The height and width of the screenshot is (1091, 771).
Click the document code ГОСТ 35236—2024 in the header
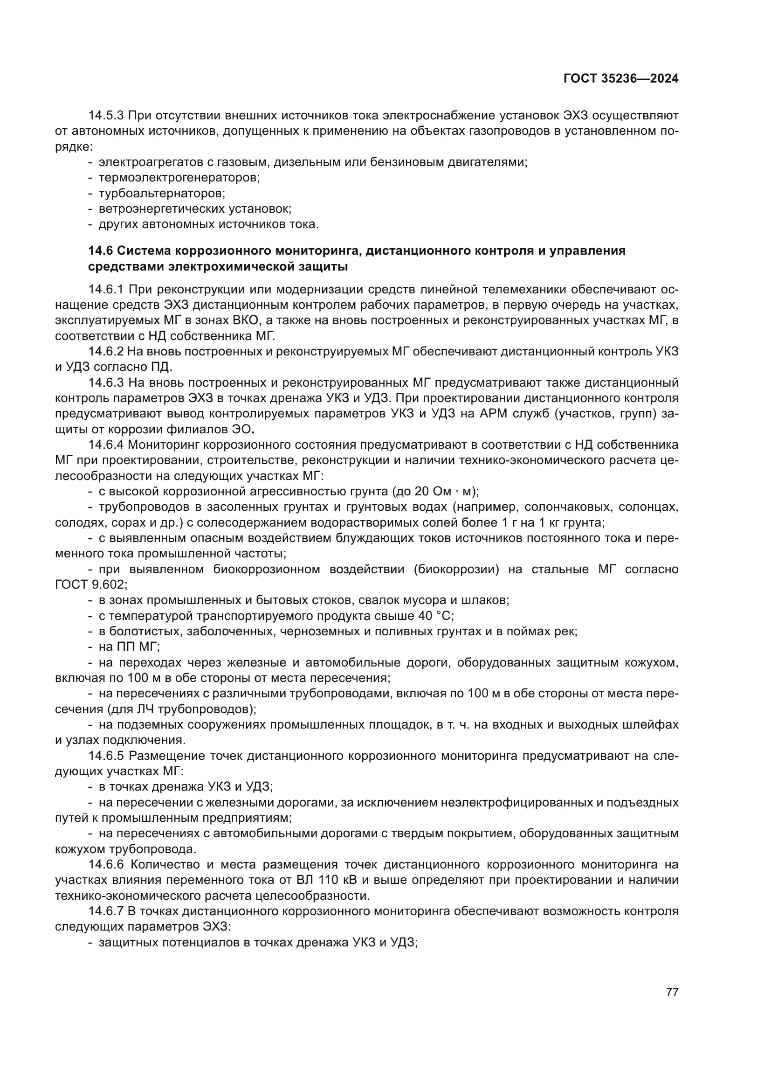point(620,79)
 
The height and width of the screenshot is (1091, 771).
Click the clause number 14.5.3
point(106,116)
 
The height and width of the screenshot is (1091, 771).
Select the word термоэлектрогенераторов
point(179,178)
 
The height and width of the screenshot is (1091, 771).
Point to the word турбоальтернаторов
point(161,194)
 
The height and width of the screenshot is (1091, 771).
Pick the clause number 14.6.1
point(106,289)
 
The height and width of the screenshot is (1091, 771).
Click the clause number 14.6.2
point(106,352)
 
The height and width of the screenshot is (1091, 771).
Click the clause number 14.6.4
point(106,445)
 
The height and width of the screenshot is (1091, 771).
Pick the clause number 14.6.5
point(106,756)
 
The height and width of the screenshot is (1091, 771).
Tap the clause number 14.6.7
point(106,911)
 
